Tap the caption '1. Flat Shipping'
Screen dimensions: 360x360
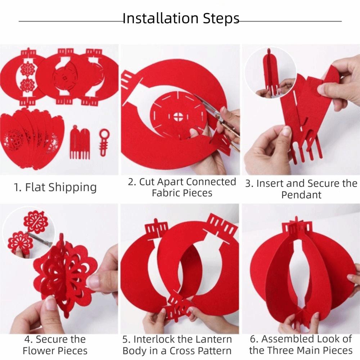tap(55, 187)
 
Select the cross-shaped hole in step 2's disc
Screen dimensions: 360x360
tap(178, 117)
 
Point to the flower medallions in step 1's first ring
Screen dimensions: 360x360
tap(27, 76)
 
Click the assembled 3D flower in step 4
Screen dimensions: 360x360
tap(67, 274)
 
